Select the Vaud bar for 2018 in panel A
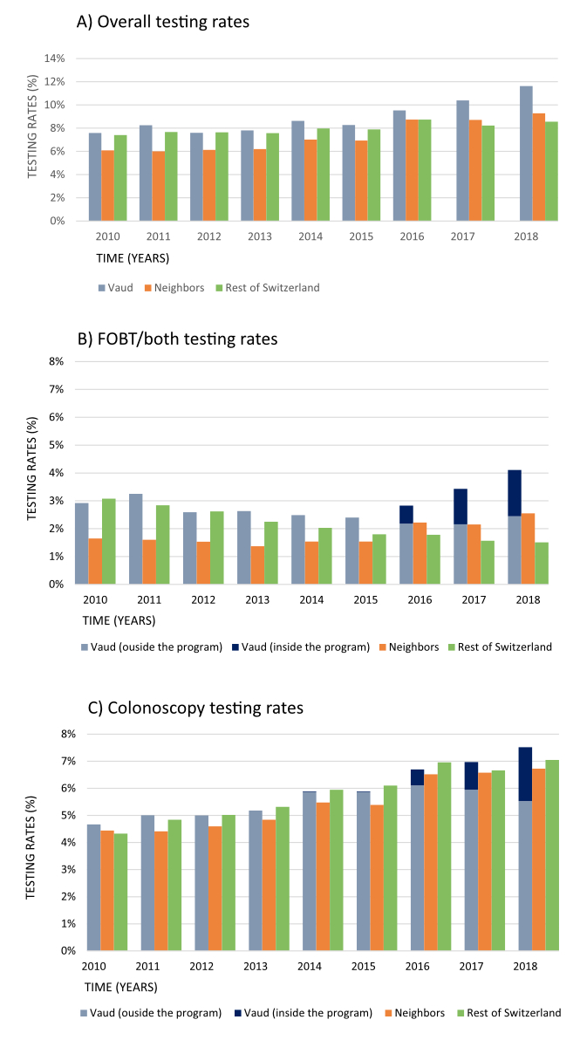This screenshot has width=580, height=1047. pos(526,154)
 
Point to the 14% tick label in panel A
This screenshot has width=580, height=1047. pos(55,58)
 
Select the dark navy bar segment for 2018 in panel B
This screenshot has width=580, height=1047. pos(515,493)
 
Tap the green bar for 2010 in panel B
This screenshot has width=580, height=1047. pos(109,541)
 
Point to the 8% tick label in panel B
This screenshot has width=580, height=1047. pos(56,361)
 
